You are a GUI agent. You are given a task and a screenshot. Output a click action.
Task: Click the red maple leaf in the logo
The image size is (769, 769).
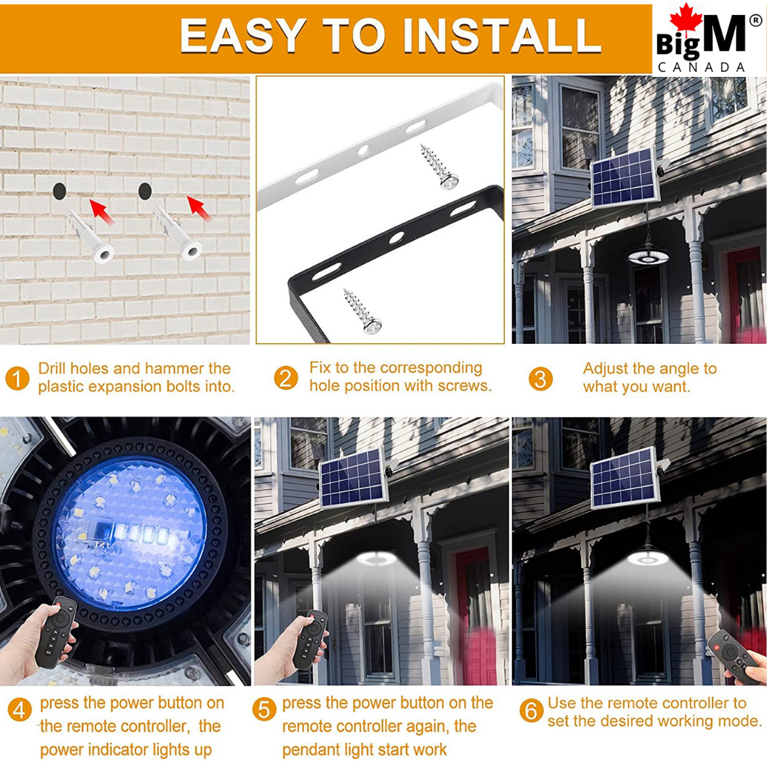[x=686, y=19]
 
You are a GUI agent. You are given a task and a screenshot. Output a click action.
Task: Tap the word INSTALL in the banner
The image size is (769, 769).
[x=502, y=36]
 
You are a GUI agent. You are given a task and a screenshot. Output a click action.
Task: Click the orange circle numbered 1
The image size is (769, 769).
[x=18, y=378]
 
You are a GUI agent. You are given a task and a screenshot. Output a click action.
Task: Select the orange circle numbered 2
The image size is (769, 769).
[x=286, y=377]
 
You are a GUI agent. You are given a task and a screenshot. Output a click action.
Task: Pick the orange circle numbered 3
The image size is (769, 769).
[x=540, y=379]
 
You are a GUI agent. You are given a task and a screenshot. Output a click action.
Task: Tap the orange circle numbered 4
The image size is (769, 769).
[x=20, y=710]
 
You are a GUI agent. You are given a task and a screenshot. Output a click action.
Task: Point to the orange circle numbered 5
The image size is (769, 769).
[x=264, y=710]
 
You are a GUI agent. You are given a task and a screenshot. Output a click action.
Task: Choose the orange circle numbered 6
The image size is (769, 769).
[x=532, y=711]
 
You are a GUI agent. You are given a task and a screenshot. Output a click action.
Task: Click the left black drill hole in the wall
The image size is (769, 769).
[x=59, y=191]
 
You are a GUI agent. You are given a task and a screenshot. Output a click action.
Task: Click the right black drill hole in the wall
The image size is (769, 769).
[x=145, y=191]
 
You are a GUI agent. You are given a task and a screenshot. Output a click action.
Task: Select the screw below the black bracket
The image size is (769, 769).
[x=363, y=311]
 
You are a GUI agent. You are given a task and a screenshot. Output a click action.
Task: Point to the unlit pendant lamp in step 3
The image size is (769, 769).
[x=649, y=253]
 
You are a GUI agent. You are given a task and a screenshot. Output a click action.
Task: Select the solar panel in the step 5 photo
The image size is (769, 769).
[x=353, y=478]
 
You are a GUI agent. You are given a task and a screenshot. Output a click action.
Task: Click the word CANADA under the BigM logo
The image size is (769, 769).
[x=701, y=67]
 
